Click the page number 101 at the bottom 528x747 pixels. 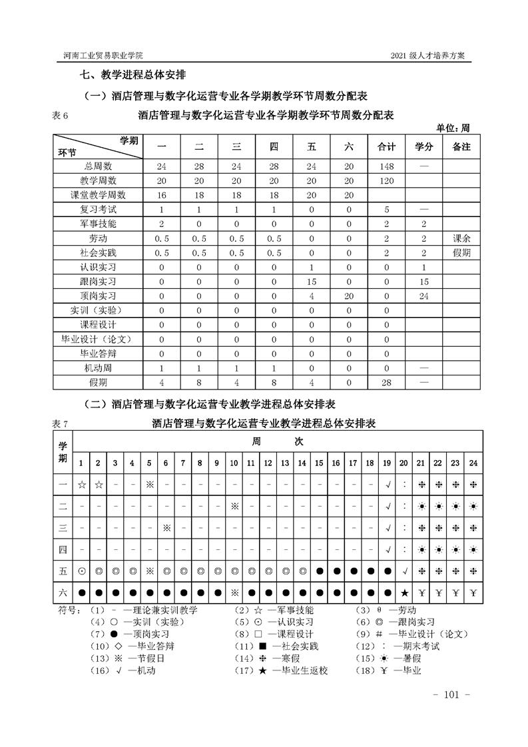pos(452,696)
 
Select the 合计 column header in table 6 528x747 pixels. pos(387,146)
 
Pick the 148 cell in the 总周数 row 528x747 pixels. pos(387,166)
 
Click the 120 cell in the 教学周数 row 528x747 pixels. pos(387,180)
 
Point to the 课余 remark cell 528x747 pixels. pos(461,238)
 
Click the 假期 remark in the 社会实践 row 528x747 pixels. pos(461,253)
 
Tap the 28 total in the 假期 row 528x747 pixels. pos(387,382)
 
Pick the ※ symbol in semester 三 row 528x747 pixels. pos(166,527)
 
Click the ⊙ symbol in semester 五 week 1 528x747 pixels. pos(81,571)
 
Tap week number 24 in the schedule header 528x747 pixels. pos(473,462)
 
